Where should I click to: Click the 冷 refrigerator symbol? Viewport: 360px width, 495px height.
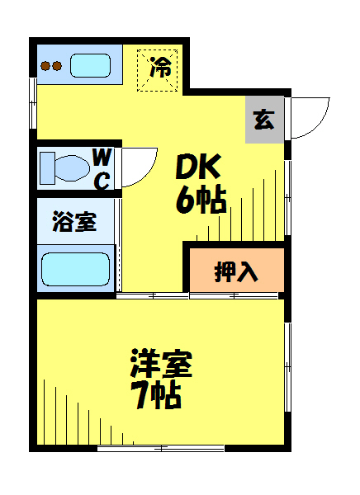pos(157,70)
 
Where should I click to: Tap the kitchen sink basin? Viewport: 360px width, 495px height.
pos(90,66)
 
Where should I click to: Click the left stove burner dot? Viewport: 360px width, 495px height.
pos(46,66)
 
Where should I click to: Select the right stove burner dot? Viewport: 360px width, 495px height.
pos(57,66)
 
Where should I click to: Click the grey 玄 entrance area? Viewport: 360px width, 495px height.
pos(264,120)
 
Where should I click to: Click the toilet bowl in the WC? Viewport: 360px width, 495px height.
pos(72,168)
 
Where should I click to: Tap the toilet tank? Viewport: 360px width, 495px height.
pos(47,168)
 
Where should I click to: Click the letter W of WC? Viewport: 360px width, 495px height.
pos(102,158)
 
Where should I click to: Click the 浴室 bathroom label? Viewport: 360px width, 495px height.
pos(74,221)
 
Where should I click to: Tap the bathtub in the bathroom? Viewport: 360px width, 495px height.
pos(75,269)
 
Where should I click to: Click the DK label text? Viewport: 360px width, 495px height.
pos(198,167)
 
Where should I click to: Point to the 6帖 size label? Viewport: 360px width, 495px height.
pos(201,200)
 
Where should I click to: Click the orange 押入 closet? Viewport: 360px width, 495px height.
pos(237,271)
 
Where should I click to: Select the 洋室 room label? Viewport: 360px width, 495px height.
pos(161,364)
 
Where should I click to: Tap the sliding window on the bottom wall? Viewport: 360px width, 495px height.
pos(160,448)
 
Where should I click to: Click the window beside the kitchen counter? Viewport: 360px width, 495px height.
pos(33,103)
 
